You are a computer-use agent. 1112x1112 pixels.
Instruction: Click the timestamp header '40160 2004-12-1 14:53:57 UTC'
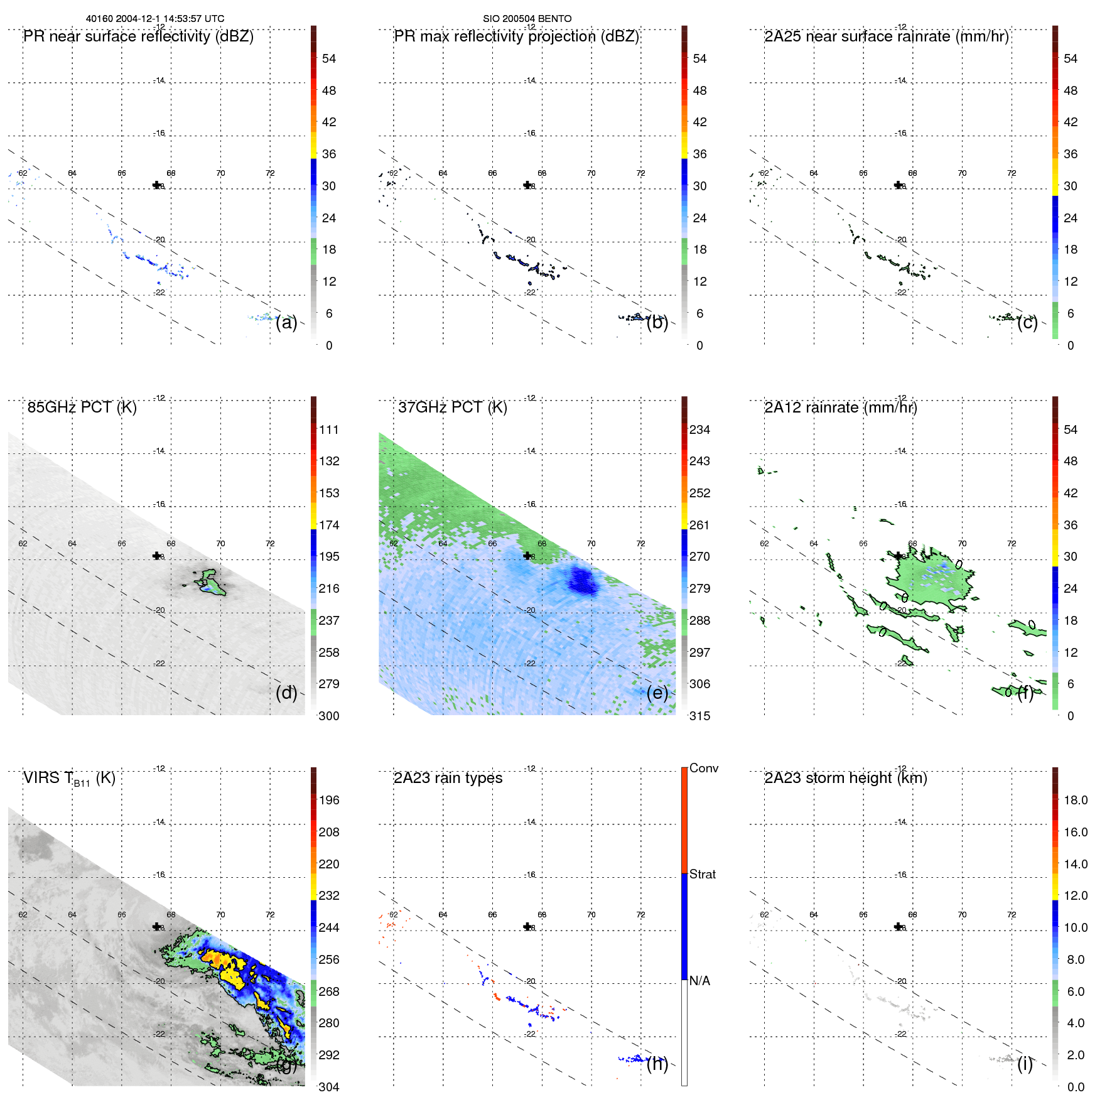click(154, 19)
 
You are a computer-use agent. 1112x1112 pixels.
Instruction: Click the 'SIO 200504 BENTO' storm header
click(527, 19)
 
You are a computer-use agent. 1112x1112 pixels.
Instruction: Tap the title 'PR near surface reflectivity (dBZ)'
click(138, 36)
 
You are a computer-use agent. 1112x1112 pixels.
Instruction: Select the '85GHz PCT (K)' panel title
click(82, 408)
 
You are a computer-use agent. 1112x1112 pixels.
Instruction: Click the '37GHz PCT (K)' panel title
click(452, 408)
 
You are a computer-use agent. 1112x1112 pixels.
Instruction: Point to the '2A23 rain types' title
click(448, 778)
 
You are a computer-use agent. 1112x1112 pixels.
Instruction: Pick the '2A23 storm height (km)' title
click(845, 778)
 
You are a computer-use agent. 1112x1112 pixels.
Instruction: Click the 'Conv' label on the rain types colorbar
click(703, 768)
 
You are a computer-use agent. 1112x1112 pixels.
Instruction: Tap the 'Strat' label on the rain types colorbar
click(702, 874)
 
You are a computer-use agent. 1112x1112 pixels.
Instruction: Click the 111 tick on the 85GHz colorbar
click(328, 429)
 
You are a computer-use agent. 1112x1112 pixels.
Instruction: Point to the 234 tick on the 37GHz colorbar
click(699, 429)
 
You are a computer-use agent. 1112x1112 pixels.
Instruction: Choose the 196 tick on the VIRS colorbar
click(328, 800)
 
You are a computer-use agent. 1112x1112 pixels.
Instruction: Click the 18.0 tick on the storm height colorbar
click(1075, 800)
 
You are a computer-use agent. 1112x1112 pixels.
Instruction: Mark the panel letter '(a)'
click(286, 322)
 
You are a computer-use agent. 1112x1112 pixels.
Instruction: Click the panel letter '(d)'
click(286, 693)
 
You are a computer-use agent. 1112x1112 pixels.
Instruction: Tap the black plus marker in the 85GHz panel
click(157, 556)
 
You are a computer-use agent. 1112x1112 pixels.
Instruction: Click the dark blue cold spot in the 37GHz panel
click(583, 580)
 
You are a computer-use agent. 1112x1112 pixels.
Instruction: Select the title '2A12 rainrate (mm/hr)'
click(840, 408)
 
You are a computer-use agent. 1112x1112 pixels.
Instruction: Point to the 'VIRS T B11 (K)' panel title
click(69, 779)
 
